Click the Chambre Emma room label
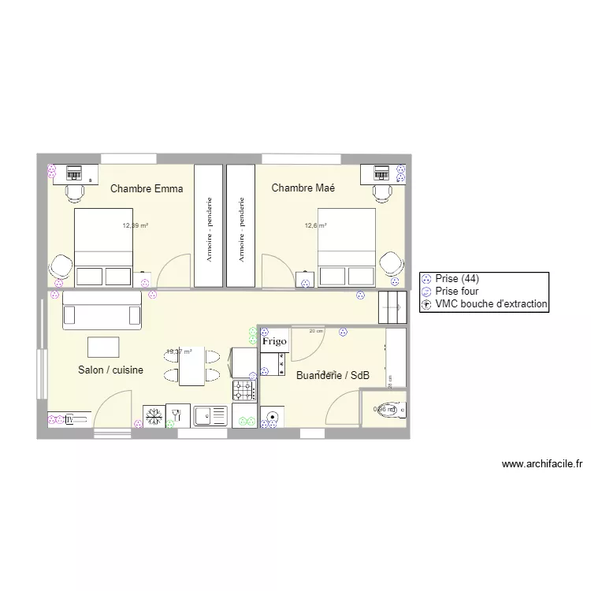coord(147,188)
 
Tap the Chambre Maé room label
coord(303,188)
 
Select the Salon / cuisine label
coord(110,370)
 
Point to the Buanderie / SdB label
coord(333,376)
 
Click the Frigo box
coord(274,341)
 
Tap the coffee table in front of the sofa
coord(103,347)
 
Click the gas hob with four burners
coord(243,388)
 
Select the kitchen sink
coord(210,415)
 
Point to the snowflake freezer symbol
coord(154,415)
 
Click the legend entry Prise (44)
coord(457,278)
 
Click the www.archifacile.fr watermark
coord(541,465)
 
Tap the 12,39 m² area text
coord(135,225)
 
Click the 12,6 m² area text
coord(315,225)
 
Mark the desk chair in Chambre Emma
coord(75,191)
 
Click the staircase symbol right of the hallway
coord(392,307)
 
